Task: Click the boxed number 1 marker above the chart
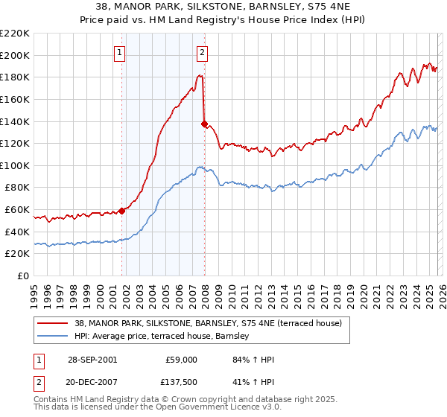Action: (x=120, y=52)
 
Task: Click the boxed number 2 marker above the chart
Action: (x=202, y=52)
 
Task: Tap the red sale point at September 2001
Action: (x=122, y=211)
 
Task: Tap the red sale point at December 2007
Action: (x=204, y=124)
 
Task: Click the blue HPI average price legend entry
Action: (x=163, y=337)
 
